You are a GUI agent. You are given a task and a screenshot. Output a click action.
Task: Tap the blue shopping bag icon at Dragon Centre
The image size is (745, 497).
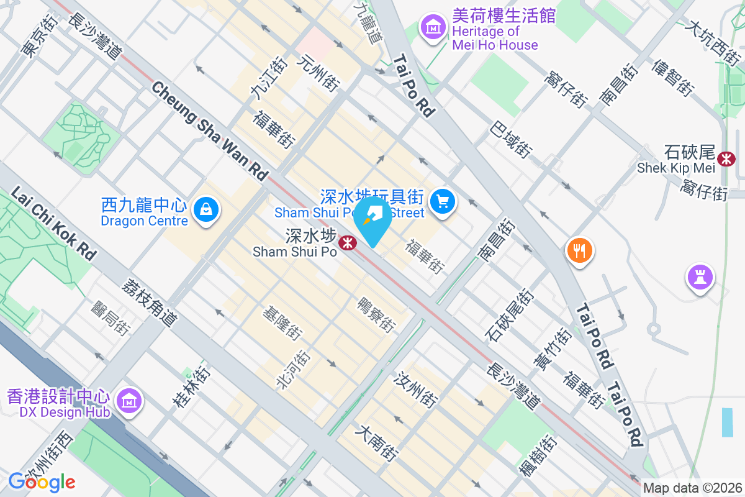pyautogui.click(x=205, y=209)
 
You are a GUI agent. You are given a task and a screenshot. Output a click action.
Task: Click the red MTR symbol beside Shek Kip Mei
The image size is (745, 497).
pyautogui.click(x=725, y=158)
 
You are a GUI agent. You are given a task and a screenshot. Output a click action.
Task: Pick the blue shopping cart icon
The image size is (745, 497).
pyautogui.click(x=443, y=201)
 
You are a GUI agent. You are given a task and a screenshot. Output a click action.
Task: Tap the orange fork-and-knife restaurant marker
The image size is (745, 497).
pyautogui.click(x=579, y=251)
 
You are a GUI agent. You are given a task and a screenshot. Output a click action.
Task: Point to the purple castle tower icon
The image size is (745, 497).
pyautogui.click(x=700, y=277)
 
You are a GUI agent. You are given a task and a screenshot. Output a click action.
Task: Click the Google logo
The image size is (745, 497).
pyautogui.click(x=42, y=481)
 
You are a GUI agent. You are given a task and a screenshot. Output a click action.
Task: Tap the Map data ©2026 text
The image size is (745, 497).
pyautogui.click(x=692, y=488)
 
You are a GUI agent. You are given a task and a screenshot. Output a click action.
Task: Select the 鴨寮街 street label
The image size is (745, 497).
pyautogui.click(x=377, y=314)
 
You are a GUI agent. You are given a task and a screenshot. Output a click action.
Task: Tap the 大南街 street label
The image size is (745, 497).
pyautogui.click(x=377, y=442)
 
